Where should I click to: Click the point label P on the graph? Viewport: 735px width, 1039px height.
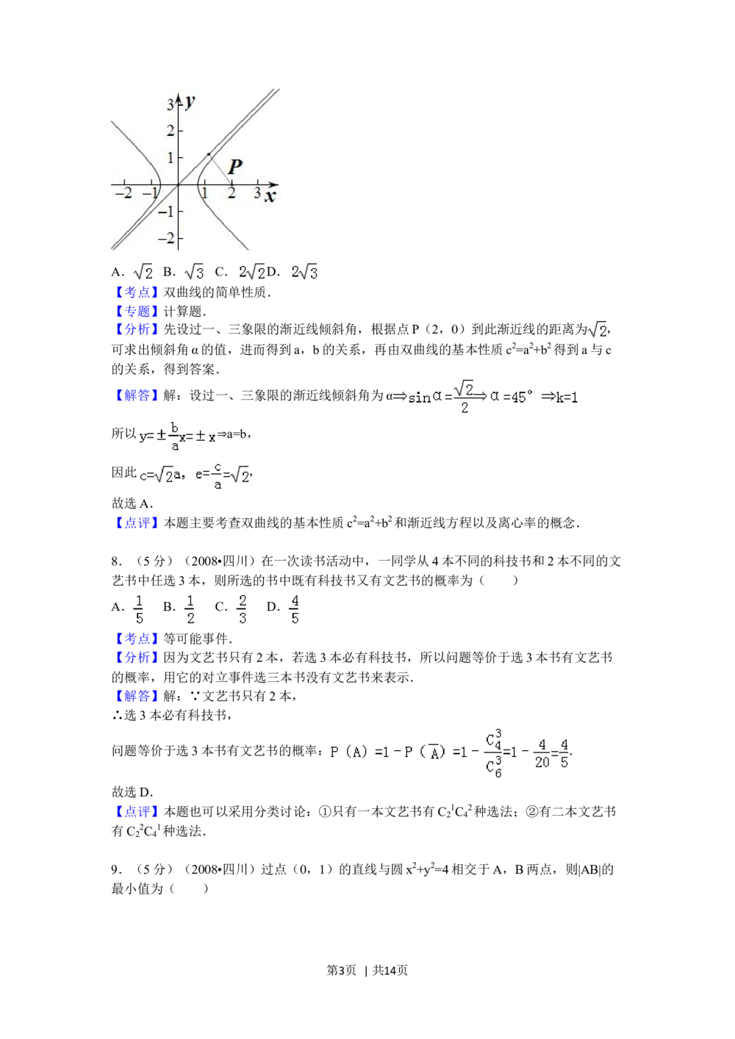click(x=234, y=167)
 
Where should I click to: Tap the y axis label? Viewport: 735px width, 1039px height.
click(x=190, y=101)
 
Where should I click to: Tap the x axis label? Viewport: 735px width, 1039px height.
click(x=270, y=196)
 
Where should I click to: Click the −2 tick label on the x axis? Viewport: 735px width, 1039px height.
click(x=124, y=193)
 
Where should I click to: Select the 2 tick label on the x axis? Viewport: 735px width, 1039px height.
click(x=231, y=193)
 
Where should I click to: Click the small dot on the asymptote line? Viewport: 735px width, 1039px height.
click(x=209, y=154)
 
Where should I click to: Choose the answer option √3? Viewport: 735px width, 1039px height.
click(x=194, y=271)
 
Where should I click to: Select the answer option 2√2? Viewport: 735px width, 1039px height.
click(x=250, y=271)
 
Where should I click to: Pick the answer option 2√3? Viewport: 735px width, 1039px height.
click(x=303, y=271)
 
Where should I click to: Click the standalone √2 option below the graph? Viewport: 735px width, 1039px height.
click(x=141, y=271)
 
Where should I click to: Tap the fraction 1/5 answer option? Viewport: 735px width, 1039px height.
click(x=139, y=608)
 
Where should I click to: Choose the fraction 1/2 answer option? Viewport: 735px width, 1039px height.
click(x=189, y=608)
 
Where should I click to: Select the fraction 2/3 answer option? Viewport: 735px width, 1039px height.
click(x=242, y=608)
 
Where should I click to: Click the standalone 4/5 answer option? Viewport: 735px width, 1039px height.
click(x=294, y=608)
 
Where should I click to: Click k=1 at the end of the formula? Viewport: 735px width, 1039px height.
click(x=567, y=397)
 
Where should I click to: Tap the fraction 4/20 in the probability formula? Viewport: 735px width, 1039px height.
click(x=542, y=753)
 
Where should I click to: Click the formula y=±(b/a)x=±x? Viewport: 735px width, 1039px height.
click(x=176, y=436)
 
